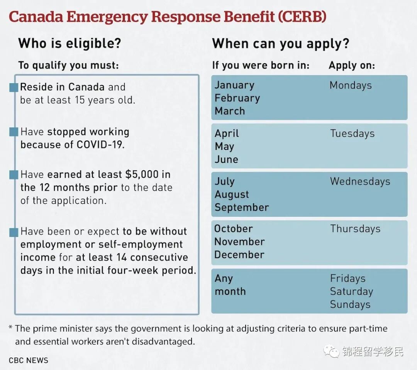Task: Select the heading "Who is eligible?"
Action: pyautogui.click(x=69, y=43)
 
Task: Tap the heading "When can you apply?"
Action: pyautogui.click(x=280, y=43)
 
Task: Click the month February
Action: pyautogui.click(x=237, y=98)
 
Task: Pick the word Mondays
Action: pyautogui.click(x=350, y=85)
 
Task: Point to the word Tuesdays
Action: pyautogui.click(x=352, y=133)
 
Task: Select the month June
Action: pyautogui.click(x=226, y=159)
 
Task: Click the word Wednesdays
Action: pyautogui.click(x=360, y=181)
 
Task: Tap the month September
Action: pyautogui.click(x=242, y=207)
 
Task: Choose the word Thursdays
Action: pyautogui.click(x=355, y=229)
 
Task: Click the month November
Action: pyautogui.click(x=239, y=242)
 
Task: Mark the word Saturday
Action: pyautogui.click(x=351, y=291)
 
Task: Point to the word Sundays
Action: pyautogui.click(x=350, y=304)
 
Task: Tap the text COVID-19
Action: pyautogui.click(x=100, y=145)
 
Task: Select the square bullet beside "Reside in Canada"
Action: pyautogui.click(x=14, y=88)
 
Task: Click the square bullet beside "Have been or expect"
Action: pyautogui.click(x=14, y=232)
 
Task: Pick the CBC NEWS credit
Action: pyautogui.click(x=29, y=360)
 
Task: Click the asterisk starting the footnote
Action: pyautogui.click(x=10, y=328)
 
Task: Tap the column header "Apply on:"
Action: pyautogui.click(x=351, y=66)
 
